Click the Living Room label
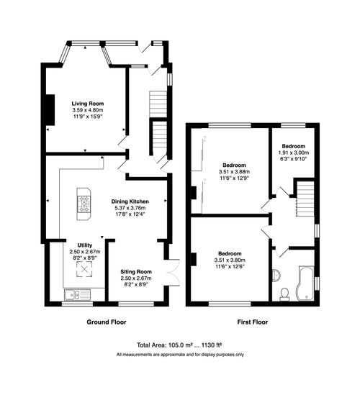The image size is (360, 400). tap(86, 104)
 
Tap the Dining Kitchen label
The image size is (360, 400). tap(130, 201)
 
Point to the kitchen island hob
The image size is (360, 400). tap(84, 204)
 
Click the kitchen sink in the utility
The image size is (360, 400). tap(75, 294)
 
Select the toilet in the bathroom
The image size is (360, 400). tap(284, 293)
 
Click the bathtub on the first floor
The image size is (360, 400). tap(305, 282)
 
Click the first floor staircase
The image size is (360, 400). tap(307, 198)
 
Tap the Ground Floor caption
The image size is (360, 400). tap(107, 322)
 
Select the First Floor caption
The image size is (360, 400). tap(252, 322)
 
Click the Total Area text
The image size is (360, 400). tap(179, 345)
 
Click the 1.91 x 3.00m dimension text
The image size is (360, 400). tap(293, 153)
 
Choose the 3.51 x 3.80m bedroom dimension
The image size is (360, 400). tap(230, 260)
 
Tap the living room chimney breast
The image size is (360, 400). tap(48, 109)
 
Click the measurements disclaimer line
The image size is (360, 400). tap(179, 355)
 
